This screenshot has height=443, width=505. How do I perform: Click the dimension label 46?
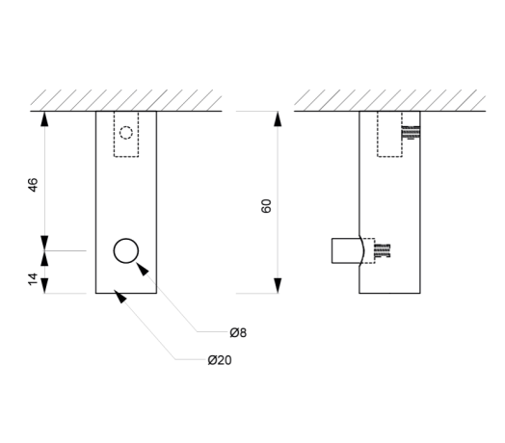point(33,185)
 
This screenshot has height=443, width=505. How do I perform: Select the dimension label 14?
point(33,279)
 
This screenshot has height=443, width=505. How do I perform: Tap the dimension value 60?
point(266,206)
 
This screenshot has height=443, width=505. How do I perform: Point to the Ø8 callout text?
point(238,332)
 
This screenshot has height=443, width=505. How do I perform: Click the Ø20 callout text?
point(220,360)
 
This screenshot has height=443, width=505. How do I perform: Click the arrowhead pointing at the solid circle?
point(142,269)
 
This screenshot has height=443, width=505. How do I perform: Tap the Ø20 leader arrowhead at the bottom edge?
point(120,297)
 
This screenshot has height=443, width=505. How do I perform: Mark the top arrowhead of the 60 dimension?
point(278,118)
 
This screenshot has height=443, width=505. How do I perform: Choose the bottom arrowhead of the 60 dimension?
point(278,286)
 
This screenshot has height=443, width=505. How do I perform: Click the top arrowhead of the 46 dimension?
point(44,118)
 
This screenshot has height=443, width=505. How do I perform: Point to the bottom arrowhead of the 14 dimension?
point(44,286)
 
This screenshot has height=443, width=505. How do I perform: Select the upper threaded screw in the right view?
point(411,132)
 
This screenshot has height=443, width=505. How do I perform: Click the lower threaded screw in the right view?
point(382,250)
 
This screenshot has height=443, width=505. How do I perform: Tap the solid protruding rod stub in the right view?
point(346,250)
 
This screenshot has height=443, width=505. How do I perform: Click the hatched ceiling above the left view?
point(126,100)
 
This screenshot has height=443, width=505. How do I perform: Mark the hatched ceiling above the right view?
point(389,100)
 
